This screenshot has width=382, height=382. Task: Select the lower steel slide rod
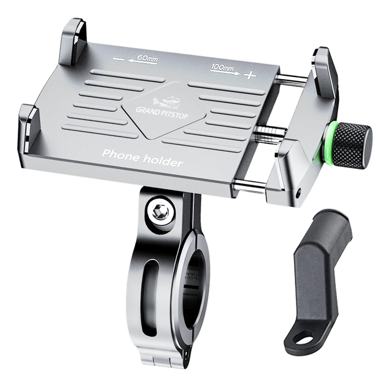tap(250, 187)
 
